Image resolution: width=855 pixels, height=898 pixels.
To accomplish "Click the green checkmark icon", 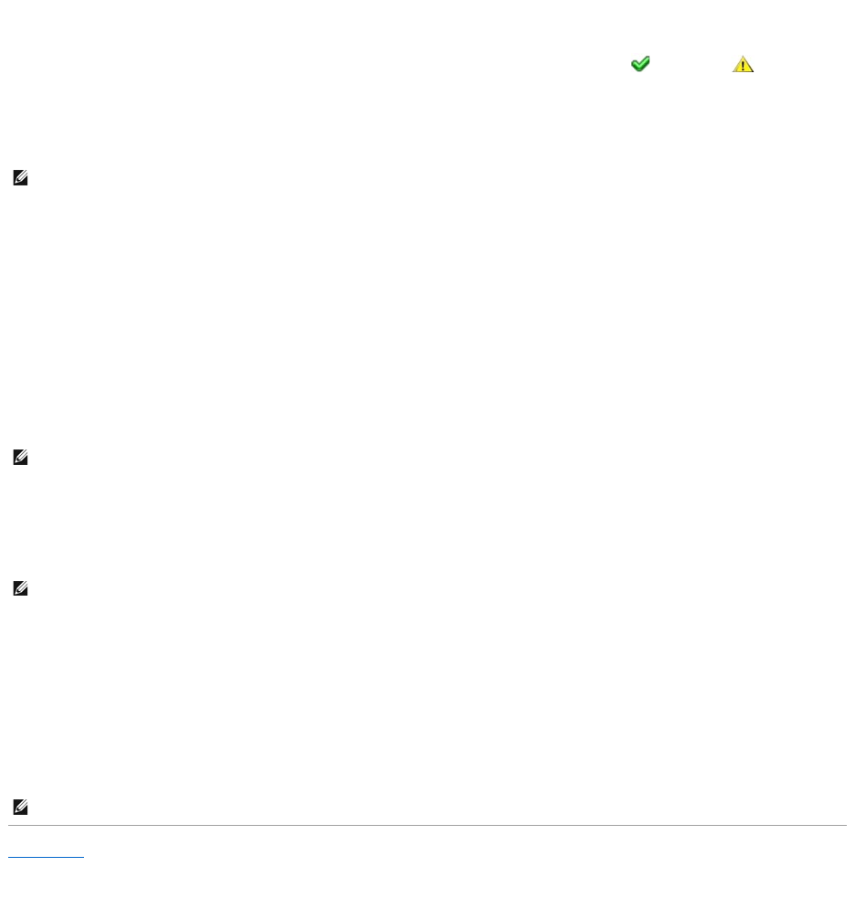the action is click(640, 64).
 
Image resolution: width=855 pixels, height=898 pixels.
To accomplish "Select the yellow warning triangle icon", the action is click(744, 65).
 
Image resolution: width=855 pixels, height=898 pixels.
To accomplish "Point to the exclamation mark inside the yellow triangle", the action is click(744, 66).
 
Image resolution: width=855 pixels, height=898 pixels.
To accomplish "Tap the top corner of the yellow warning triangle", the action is click(744, 57).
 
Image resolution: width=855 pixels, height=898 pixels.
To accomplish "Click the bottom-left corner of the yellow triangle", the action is click(734, 72).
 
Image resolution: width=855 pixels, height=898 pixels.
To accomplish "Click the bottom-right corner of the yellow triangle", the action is click(754, 72).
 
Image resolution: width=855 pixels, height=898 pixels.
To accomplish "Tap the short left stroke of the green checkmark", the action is click(635, 65).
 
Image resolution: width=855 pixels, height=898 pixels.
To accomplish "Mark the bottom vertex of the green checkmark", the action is click(639, 70).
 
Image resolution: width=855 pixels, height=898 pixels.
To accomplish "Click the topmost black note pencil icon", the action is click(20, 180).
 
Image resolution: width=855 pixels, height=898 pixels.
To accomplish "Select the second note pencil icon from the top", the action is click(20, 460).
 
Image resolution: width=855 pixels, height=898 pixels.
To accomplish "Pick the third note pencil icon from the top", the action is click(20, 590).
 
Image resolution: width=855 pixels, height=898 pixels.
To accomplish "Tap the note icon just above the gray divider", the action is click(20, 808).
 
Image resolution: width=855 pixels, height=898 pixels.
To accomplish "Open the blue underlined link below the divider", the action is click(46, 851).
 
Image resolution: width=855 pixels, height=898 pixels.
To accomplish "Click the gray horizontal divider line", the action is click(427, 826).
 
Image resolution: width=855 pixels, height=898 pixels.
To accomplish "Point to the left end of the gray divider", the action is click(9, 826).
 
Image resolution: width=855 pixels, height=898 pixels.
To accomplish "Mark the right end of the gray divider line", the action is click(846, 826).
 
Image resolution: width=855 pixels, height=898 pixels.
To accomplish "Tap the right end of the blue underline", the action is click(83, 858).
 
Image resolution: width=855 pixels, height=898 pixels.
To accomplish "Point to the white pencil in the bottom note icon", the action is click(20, 808).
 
